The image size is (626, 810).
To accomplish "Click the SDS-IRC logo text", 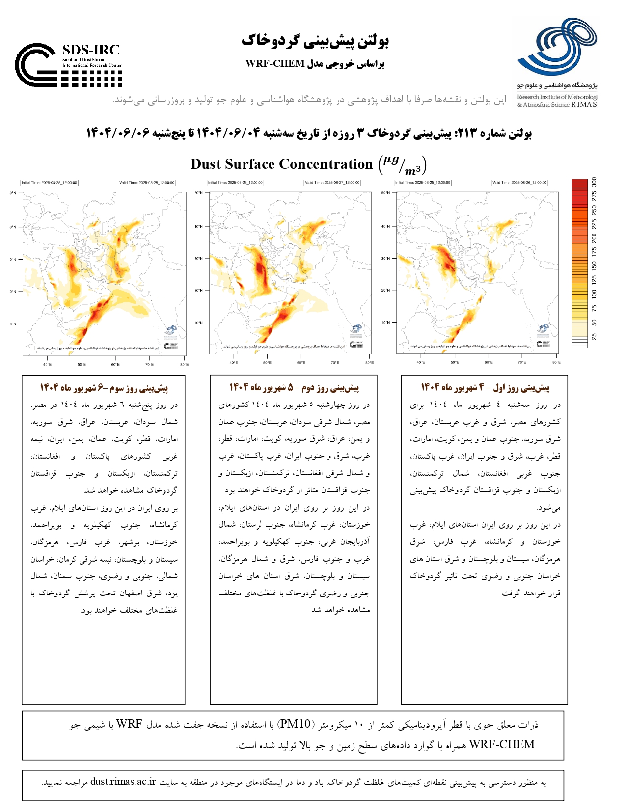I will click(x=91, y=50).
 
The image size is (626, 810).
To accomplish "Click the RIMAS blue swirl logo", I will click(x=558, y=47).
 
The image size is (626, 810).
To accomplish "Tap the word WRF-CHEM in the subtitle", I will click(x=275, y=64).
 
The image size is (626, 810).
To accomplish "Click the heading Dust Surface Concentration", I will click(x=282, y=164).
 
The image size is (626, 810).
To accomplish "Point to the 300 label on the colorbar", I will click(x=594, y=182).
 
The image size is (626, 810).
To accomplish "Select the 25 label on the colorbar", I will click(x=594, y=337).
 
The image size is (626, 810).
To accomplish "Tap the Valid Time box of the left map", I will click(x=146, y=183).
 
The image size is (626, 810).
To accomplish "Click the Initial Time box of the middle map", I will click(x=235, y=183).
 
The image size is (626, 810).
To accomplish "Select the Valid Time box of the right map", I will click(x=519, y=183).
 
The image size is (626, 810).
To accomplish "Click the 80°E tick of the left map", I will click(x=184, y=365).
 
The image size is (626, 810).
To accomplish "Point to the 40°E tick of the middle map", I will click(x=234, y=363).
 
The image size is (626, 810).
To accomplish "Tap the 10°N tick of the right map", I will click(x=386, y=323).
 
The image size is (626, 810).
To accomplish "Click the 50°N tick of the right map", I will click(x=386, y=193).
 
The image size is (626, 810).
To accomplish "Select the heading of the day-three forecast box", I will click(x=104, y=388).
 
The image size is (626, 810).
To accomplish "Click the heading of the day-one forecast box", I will click(x=485, y=388).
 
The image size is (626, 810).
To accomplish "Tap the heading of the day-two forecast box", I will click(x=294, y=388).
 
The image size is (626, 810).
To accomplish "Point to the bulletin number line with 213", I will click(x=309, y=133).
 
